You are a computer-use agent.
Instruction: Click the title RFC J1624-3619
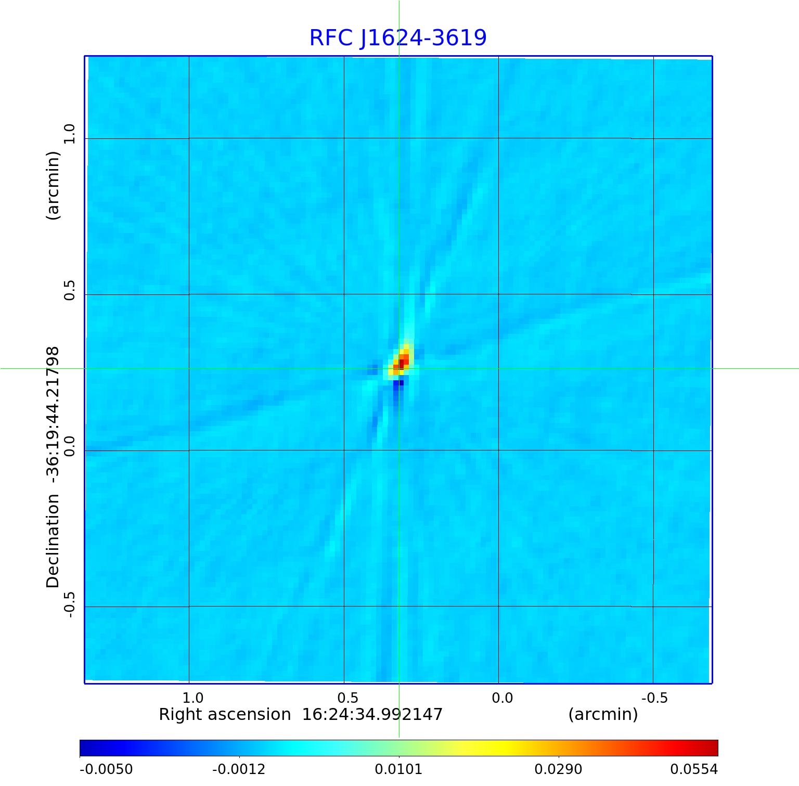398,38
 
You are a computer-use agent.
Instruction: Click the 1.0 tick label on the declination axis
70,134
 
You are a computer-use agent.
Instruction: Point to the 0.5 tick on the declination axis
70,290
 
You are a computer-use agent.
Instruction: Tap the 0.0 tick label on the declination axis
70,446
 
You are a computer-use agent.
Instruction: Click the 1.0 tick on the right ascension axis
193,698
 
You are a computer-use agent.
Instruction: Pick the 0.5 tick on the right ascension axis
348,698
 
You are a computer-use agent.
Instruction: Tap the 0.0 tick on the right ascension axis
502,698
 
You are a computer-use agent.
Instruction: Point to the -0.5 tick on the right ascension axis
654,698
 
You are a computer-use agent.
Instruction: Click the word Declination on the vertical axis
53,541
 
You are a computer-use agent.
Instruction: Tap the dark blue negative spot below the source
398,385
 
